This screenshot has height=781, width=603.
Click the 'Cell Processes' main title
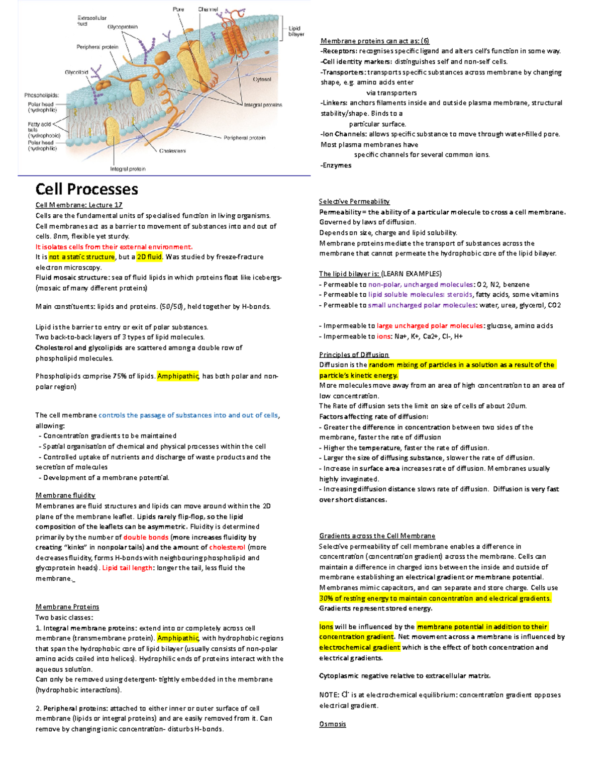pos(86,190)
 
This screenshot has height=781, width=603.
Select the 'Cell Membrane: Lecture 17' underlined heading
pos(79,205)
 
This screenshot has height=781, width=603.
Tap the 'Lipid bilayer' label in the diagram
pos(296,31)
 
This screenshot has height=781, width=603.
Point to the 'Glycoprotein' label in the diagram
pos(122,27)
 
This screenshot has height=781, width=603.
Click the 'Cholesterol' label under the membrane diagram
pos(172,151)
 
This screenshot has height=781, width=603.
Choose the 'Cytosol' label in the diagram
pos(262,79)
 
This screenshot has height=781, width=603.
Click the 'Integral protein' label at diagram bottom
pos(128,169)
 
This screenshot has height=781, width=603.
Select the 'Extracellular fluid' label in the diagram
pos(91,21)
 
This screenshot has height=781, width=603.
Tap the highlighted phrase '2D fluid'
pos(149,257)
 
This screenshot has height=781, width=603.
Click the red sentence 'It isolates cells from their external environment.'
pos(114,247)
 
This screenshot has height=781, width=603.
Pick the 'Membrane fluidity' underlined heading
pos(65,496)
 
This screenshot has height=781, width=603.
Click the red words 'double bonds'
pos(146,537)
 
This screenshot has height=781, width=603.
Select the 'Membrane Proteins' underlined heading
pos(67,607)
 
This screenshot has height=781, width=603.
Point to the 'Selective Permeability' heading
pos(354,202)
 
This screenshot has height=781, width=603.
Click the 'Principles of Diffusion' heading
pos(354,355)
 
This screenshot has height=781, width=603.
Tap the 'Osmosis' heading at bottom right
pos(333,724)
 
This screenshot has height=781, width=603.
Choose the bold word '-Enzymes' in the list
pos(336,165)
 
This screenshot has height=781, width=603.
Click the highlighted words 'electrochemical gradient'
pos(359,648)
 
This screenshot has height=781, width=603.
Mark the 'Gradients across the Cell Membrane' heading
pos(377,536)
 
